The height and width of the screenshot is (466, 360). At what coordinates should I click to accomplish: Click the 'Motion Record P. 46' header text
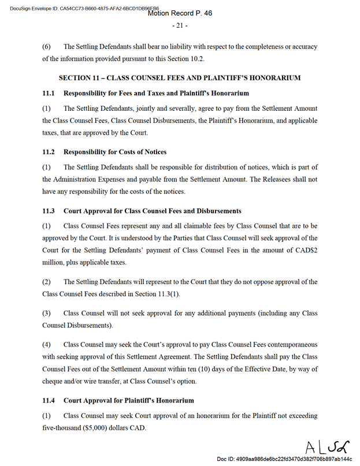coord(180,13)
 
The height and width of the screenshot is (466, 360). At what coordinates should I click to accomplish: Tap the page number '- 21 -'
coord(180,26)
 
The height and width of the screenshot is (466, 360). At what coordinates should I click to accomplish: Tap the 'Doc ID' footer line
coord(284,458)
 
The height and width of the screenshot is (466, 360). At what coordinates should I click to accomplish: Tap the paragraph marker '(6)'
coord(47,46)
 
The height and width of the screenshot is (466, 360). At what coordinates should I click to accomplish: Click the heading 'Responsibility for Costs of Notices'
coord(115,152)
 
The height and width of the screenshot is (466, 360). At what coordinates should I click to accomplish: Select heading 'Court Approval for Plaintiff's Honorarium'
coord(129,400)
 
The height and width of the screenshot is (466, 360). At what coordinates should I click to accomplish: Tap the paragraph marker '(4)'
coord(47,345)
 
